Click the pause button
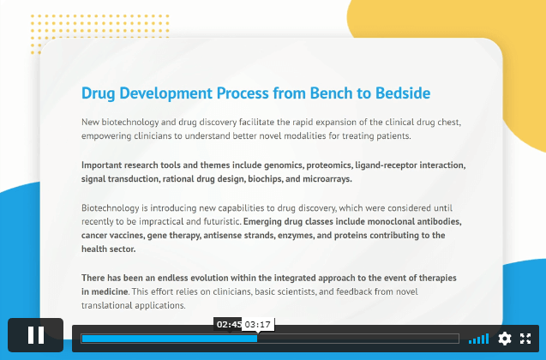(36, 335)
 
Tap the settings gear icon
(505, 339)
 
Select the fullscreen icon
(525, 339)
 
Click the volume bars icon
(479, 339)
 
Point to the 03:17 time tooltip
(258, 325)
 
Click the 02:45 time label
(228, 325)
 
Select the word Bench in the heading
(331, 93)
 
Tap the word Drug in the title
(99, 93)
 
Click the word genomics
(284, 165)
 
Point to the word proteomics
(329, 165)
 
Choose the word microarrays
(327, 179)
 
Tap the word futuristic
(224, 221)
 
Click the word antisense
(220, 236)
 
